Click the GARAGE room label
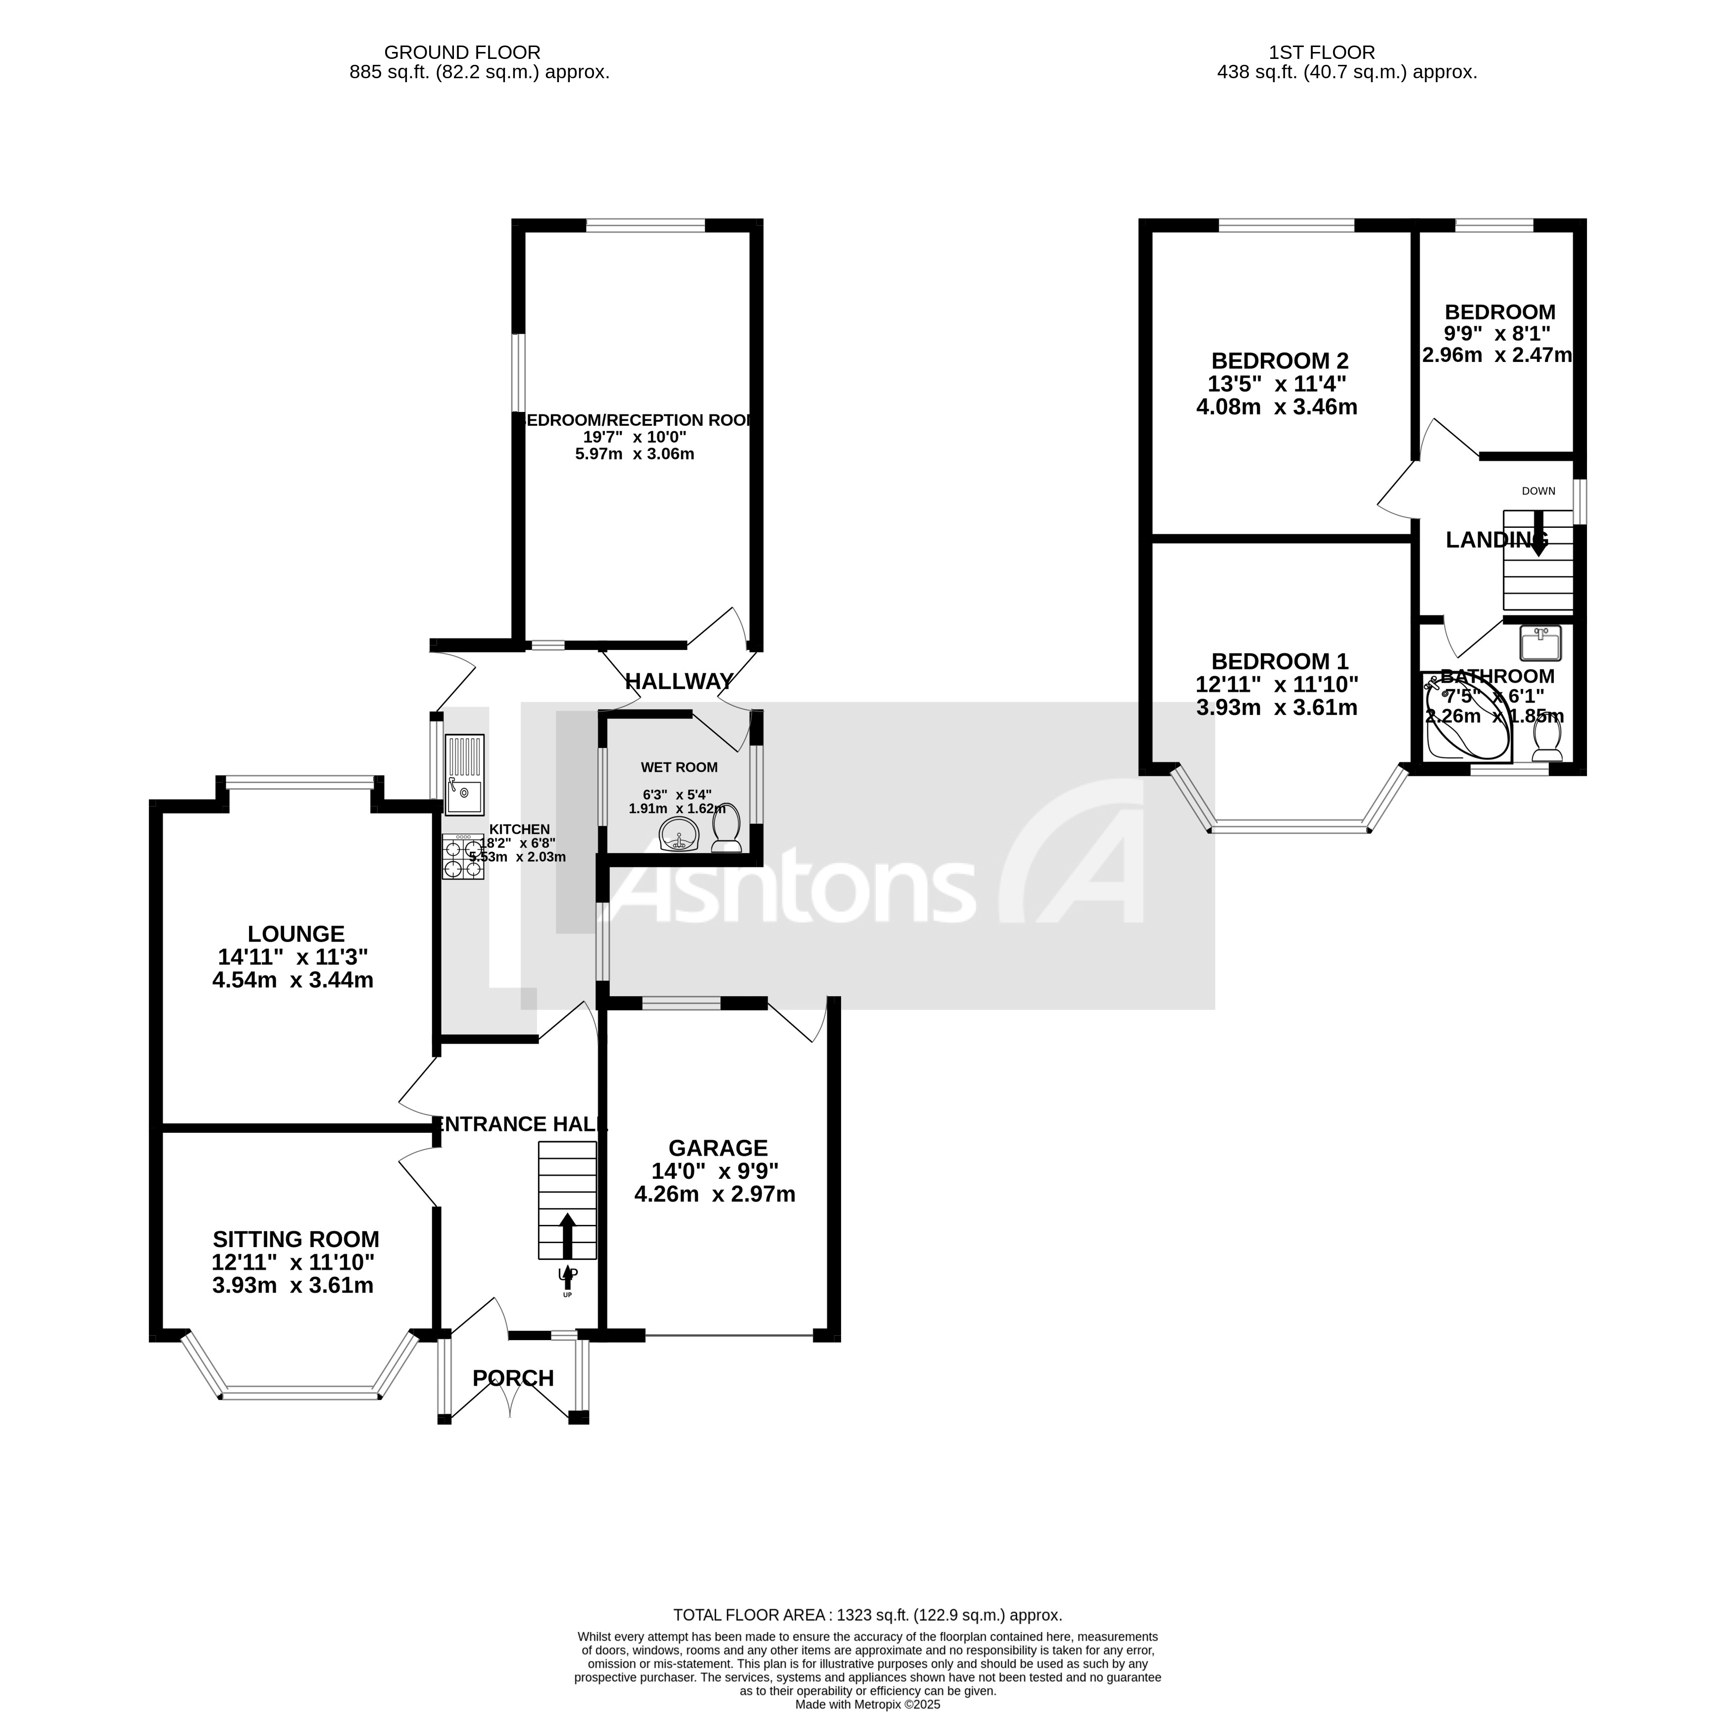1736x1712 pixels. (717, 1148)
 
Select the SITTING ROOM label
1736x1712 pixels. (296, 1239)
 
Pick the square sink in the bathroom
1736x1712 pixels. (1540, 644)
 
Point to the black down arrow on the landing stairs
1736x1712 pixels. (1539, 533)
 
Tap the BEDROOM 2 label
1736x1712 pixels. (1280, 360)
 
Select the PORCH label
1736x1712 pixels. (513, 1378)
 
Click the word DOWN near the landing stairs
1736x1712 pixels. (1538, 491)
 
